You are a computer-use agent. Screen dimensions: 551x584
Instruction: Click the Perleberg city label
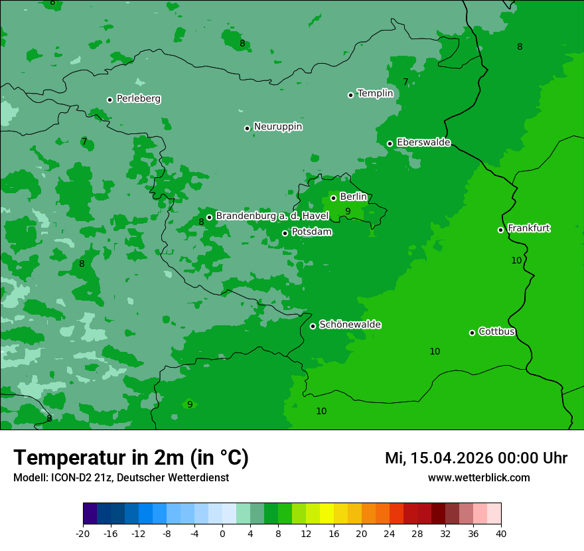coord(138,99)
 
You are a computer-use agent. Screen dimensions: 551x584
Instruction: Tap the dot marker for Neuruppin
coord(247,128)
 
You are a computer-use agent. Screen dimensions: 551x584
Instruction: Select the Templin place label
coord(375,94)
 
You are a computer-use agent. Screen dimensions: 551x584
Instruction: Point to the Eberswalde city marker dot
coord(390,143)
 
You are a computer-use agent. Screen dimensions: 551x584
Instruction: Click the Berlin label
coord(353,197)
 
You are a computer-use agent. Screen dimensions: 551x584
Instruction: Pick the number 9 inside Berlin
coord(348,212)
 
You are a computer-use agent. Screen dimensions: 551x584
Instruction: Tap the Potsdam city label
coord(311,232)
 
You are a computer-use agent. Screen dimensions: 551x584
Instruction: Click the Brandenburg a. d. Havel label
coord(272,216)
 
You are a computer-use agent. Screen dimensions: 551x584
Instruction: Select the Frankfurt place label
coord(528,228)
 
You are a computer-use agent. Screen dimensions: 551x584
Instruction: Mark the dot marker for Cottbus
coord(472,333)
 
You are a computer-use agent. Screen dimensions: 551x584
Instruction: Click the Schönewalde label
coord(350,325)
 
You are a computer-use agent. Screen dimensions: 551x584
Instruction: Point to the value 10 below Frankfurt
coord(516,260)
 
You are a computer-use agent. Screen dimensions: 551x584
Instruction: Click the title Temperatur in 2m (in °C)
coord(131,457)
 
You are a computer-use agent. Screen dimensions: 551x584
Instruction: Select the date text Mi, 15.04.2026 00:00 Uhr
coord(476,458)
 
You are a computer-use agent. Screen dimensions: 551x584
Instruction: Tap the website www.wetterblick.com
coord(478,477)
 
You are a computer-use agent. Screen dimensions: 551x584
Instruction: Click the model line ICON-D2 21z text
coord(121,477)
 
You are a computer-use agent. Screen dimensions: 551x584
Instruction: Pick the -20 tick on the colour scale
coord(83,533)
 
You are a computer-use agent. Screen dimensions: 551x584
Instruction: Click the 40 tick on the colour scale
coord(500,533)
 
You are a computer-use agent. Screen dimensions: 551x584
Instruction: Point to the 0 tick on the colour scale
coord(222,533)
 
